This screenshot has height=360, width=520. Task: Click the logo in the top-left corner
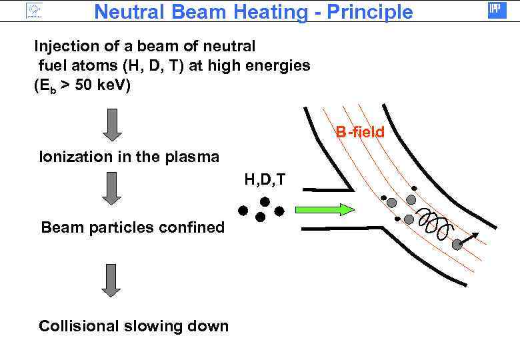point(33,11)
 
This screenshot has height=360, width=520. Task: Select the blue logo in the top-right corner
point(497,9)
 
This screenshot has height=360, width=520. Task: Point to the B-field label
point(360,132)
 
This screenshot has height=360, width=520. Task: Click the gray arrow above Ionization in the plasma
point(113,125)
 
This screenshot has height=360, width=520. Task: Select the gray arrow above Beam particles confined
point(113,188)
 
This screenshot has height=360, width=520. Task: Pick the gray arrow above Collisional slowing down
point(111,281)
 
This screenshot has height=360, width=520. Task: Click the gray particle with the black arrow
point(457,245)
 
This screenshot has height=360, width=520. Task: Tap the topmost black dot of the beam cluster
point(265,201)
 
